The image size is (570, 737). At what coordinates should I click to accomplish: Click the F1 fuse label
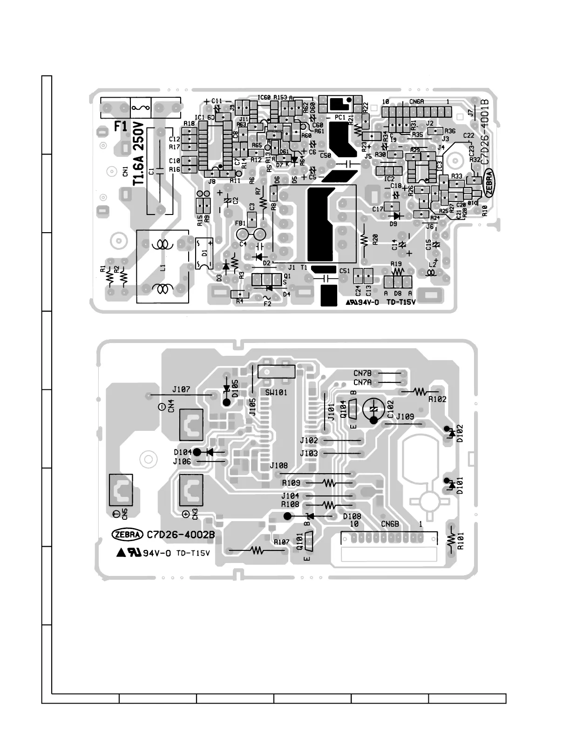121,127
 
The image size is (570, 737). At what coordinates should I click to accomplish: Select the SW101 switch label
276,392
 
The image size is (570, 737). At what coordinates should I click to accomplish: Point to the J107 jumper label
181,389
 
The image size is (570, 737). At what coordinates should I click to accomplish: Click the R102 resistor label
437,399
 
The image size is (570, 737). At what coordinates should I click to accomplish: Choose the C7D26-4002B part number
181,535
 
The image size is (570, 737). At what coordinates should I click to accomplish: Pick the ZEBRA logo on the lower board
127,535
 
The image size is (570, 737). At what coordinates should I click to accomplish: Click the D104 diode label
183,452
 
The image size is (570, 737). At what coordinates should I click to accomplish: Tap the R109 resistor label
291,483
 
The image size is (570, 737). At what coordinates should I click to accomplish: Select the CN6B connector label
390,524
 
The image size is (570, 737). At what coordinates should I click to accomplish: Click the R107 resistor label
282,542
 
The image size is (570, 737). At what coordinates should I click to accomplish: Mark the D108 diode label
352,516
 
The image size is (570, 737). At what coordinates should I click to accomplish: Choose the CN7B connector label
362,373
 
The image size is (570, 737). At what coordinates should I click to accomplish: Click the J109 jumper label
405,417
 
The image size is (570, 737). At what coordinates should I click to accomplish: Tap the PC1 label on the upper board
340,118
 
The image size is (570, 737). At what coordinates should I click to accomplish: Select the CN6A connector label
416,101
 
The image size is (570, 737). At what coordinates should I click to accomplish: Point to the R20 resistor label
374,239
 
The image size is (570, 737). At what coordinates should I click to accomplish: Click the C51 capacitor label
345,271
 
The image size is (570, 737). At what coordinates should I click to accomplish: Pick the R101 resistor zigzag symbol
451,539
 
